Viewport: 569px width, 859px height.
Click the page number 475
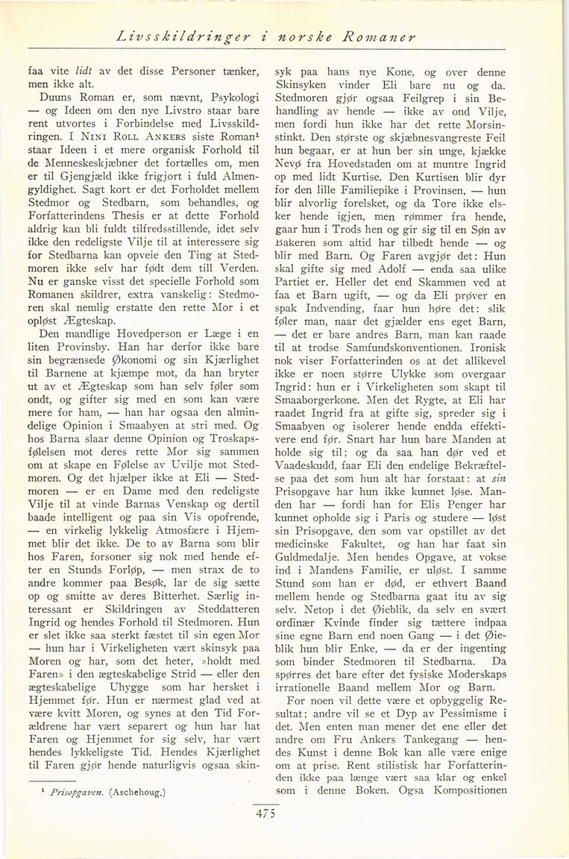265,814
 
